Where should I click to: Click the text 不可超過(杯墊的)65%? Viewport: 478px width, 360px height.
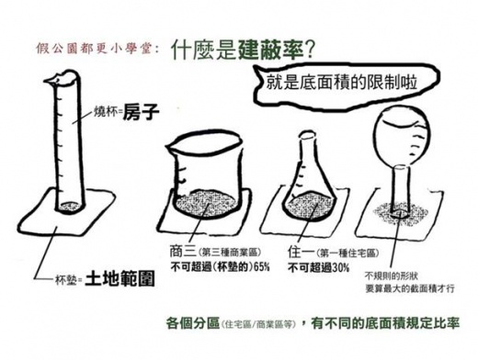tap(214, 267)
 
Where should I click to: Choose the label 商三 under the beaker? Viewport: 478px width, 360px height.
tap(182, 251)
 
